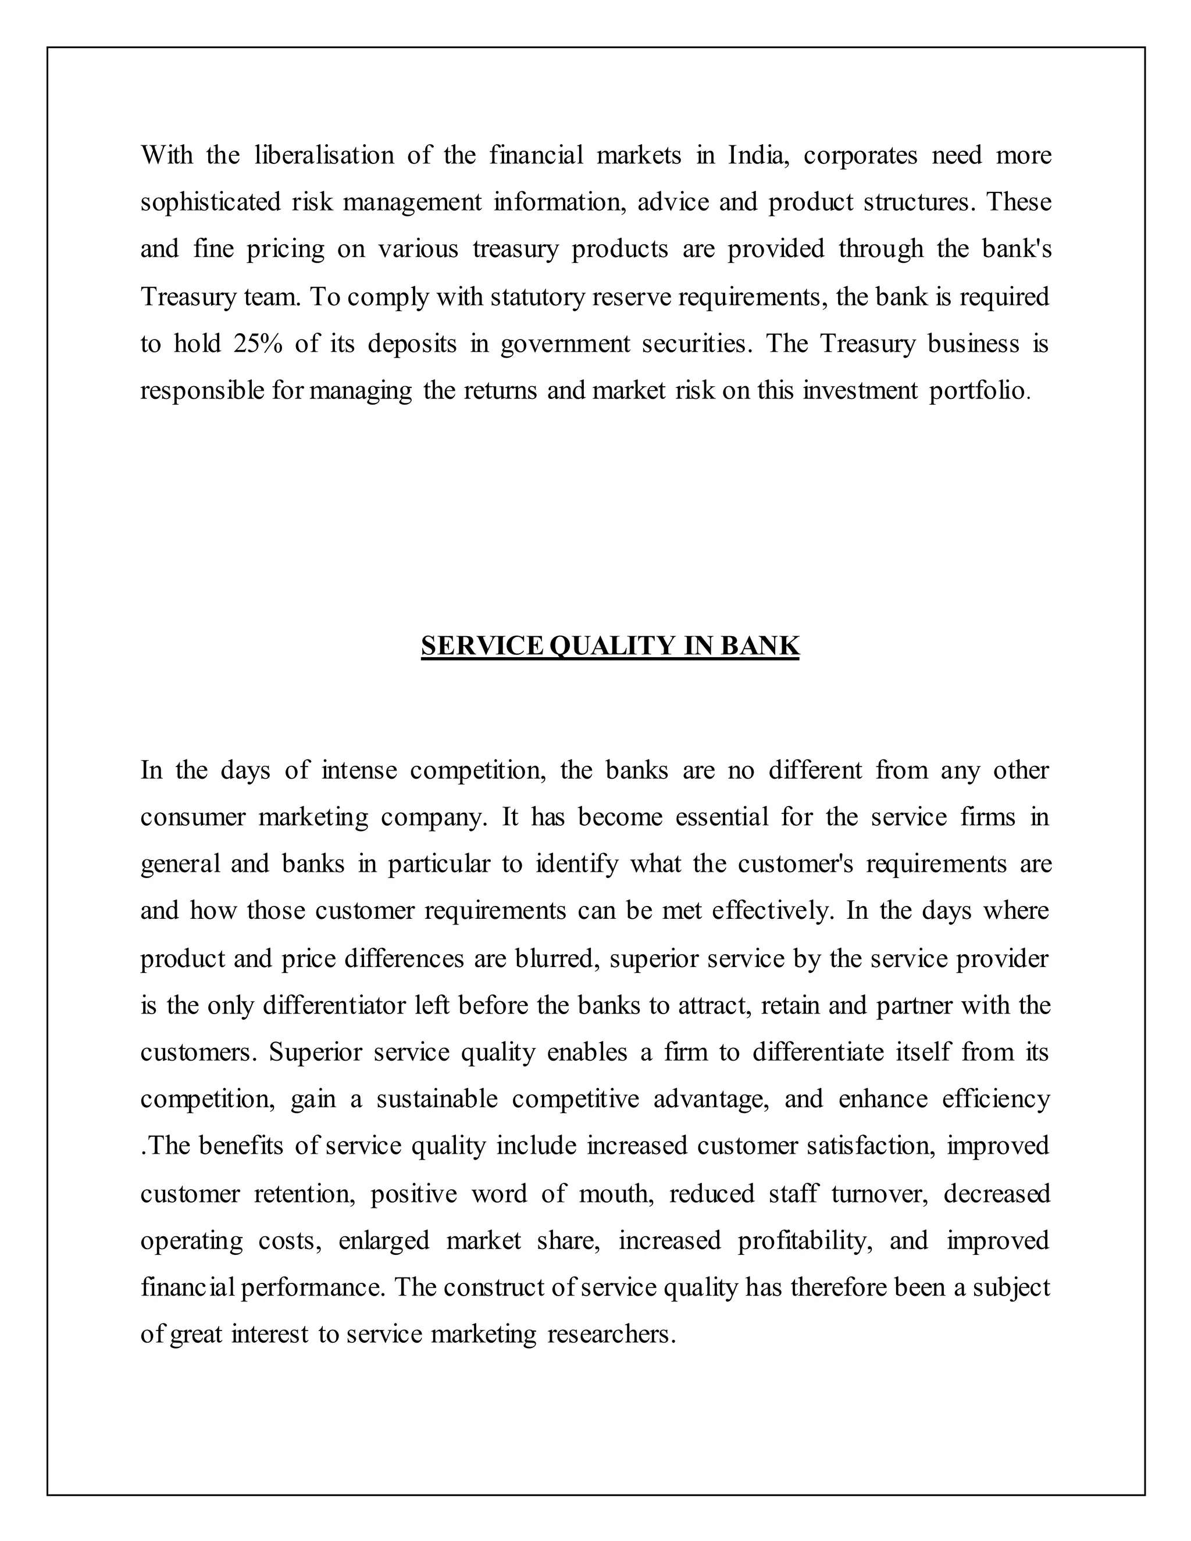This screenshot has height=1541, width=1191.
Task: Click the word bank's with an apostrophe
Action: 1016,248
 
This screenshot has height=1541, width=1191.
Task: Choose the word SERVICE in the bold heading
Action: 483,645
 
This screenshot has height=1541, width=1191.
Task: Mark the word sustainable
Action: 437,1098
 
